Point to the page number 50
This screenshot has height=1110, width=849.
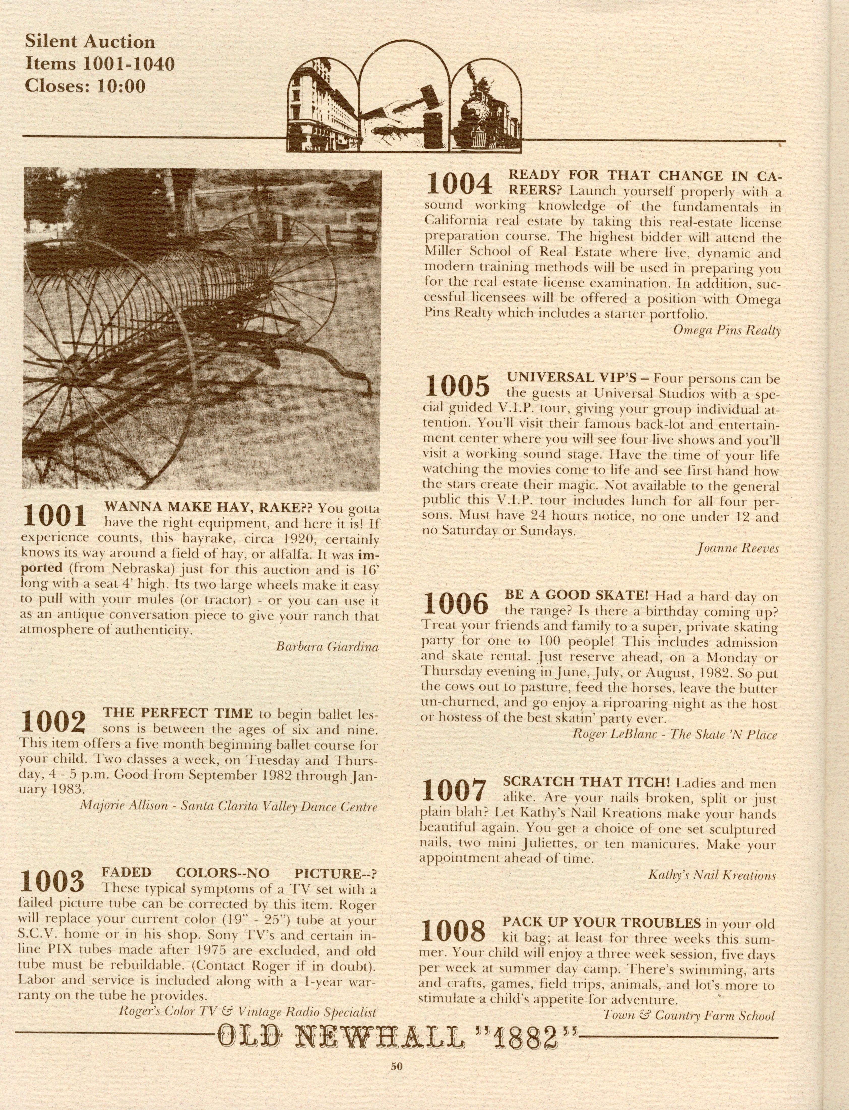[x=396, y=1067]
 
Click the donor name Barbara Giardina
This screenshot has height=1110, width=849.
[x=327, y=646]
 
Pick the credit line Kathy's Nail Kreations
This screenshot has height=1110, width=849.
[x=712, y=875]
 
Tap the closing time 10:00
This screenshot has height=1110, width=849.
[x=121, y=86]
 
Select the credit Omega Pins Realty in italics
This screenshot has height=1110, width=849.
[x=727, y=330]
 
